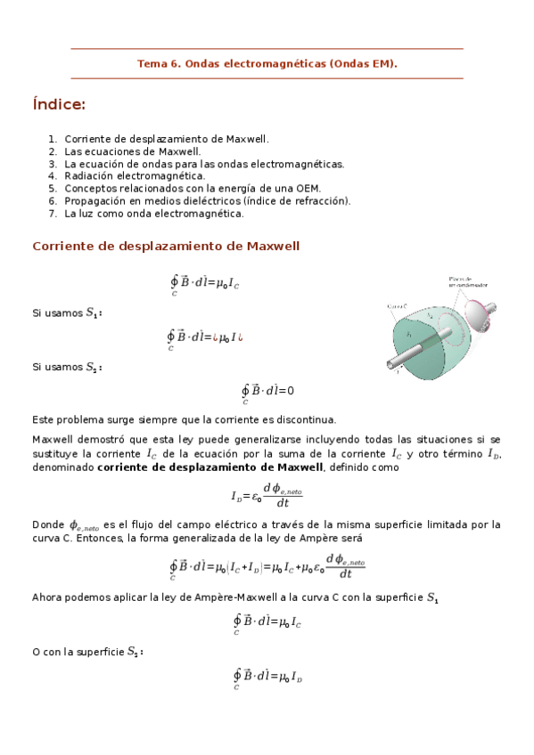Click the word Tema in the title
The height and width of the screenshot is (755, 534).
tap(150, 64)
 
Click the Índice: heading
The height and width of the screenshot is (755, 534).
tap(59, 106)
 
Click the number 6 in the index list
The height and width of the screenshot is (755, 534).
tap(53, 201)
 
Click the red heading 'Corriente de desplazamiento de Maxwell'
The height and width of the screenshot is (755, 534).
tap(166, 246)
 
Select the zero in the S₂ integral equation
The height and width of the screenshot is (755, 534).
tap(290, 391)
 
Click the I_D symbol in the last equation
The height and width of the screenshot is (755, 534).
tap(297, 678)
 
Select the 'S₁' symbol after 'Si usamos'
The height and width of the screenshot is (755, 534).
tap(93, 314)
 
